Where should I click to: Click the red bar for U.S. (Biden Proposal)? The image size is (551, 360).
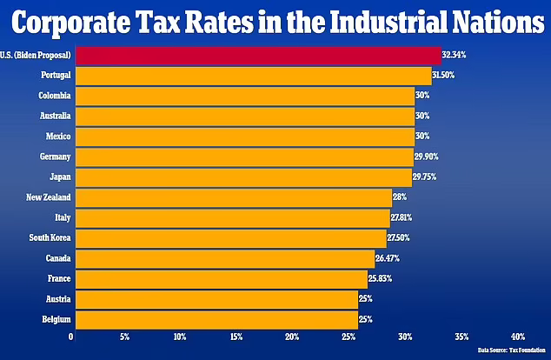tap(257, 55)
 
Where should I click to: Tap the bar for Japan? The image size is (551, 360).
tap(243, 177)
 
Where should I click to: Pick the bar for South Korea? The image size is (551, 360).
tap(229, 237)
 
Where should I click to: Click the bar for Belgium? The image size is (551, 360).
tap(216, 319)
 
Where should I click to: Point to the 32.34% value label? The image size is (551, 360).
tap(454, 55)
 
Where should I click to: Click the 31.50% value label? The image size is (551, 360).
tap(443, 75)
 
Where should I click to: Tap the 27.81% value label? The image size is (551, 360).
tap(404, 217)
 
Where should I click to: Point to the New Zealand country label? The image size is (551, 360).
tap(50, 197)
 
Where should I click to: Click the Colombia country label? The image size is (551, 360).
tap(54, 96)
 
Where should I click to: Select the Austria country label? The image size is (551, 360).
tap(56, 299)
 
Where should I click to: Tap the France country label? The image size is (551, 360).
tap(57, 278)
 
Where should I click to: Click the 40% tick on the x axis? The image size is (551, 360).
tap(518, 337)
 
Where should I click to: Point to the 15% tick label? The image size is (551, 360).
tap(236, 337)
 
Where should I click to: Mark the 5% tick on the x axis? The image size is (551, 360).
tap(124, 337)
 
